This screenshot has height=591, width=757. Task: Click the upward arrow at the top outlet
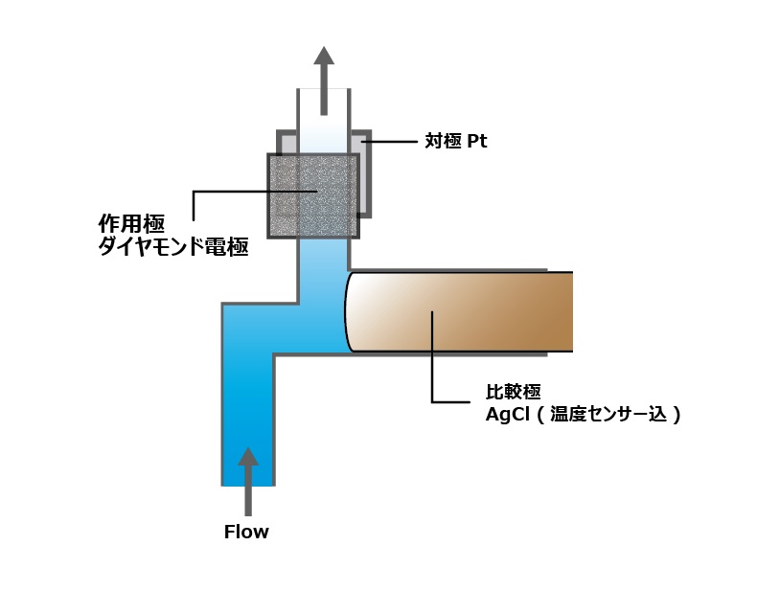coord(324,81)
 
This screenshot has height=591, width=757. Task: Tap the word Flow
coord(246,533)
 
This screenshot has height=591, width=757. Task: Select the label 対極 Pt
coord(456,141)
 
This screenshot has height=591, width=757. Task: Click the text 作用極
coord(132,224)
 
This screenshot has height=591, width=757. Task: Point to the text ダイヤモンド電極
coord(173,246)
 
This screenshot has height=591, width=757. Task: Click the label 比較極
coord(513,392)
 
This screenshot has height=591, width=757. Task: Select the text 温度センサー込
coord(608,415)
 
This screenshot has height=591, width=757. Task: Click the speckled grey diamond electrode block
coord(313,195)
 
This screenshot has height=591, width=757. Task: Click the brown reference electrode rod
coord(459,311)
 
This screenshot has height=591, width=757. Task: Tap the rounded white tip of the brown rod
coord(357,311)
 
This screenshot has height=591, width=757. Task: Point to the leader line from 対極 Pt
coord(389,142)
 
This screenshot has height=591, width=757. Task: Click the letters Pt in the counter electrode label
coord(477,141)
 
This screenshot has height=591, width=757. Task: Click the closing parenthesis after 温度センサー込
coord(676,415)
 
